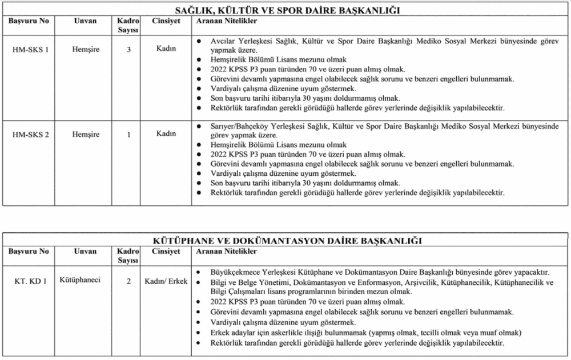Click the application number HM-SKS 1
coord(30,50)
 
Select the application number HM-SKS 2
coord(30,135)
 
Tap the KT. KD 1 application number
coord(30,281)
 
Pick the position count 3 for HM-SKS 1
coord(129,50)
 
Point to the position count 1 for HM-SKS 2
coord(129,135)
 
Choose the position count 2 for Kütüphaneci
coord(129,281)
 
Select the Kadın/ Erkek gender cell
coord(166,281)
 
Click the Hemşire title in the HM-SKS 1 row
coord(86,50)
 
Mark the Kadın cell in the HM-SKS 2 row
coord(166,134)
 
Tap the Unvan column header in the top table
coord(85,21)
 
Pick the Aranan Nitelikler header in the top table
coord(226,21)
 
